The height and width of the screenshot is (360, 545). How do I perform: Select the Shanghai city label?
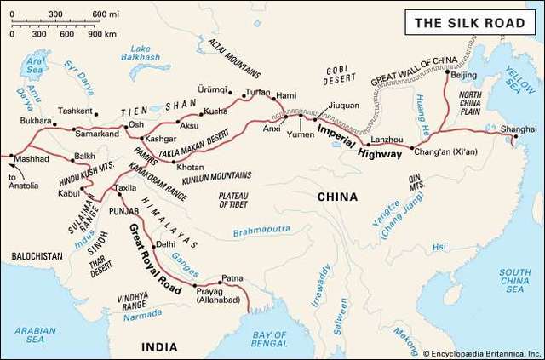pyautogui.click(x=518, y=129)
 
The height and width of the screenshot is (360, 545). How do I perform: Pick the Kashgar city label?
pyautogui.click(x=161, y=138)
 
